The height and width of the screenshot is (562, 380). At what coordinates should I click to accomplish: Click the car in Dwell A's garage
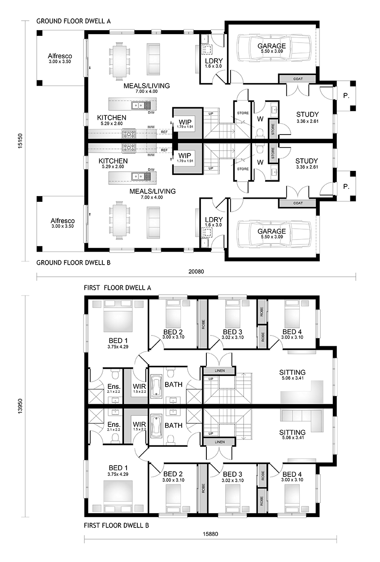click(274, 48)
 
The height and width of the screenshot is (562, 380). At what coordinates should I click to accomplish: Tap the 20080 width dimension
click(196, 271)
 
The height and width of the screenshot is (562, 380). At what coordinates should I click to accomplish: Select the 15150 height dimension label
click(20, 141)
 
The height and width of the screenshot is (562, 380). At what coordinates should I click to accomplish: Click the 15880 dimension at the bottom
click(210, 534)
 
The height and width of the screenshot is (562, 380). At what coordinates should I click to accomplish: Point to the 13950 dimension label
click(20, 406)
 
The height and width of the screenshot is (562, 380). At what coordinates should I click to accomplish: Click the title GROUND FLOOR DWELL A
click(74, 21)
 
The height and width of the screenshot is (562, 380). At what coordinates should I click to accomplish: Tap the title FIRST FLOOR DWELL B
click(116, 525)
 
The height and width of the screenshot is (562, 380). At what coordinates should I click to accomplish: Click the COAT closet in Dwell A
click(298, 79)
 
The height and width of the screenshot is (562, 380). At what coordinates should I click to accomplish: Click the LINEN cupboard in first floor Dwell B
click(220, 442)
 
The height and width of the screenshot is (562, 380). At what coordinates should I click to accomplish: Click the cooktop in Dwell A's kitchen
click(129, 134)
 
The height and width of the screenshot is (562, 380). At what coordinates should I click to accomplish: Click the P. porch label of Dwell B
click(346, 187)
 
